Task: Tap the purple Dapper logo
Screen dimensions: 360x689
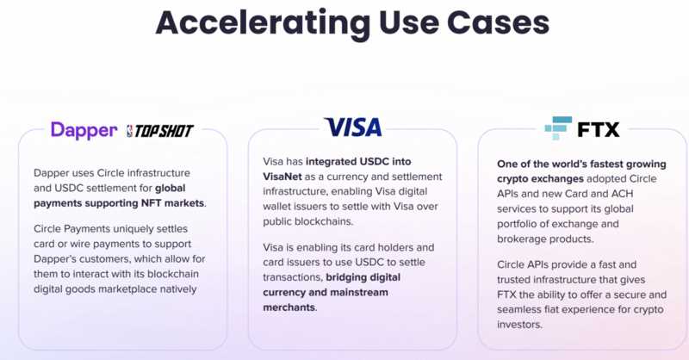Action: (84, 130)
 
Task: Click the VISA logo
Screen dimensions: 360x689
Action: (352, 127)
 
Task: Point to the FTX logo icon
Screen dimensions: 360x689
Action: (558, 128)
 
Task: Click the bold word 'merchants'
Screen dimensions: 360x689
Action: (289, 307)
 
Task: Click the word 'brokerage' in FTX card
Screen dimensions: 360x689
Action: (525, 239)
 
